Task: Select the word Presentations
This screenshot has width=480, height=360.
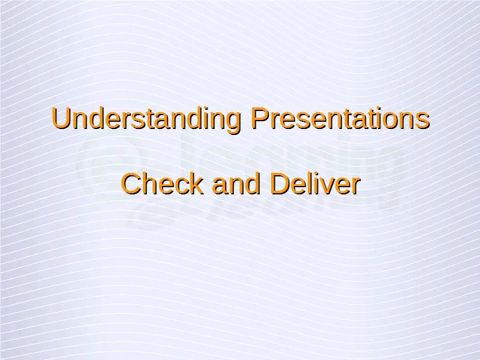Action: tap(340, 118)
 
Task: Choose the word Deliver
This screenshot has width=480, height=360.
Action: tap(315, 183)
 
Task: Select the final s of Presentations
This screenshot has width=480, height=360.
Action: tap(424, 121)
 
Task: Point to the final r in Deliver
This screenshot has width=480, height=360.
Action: tap(356, 187)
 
